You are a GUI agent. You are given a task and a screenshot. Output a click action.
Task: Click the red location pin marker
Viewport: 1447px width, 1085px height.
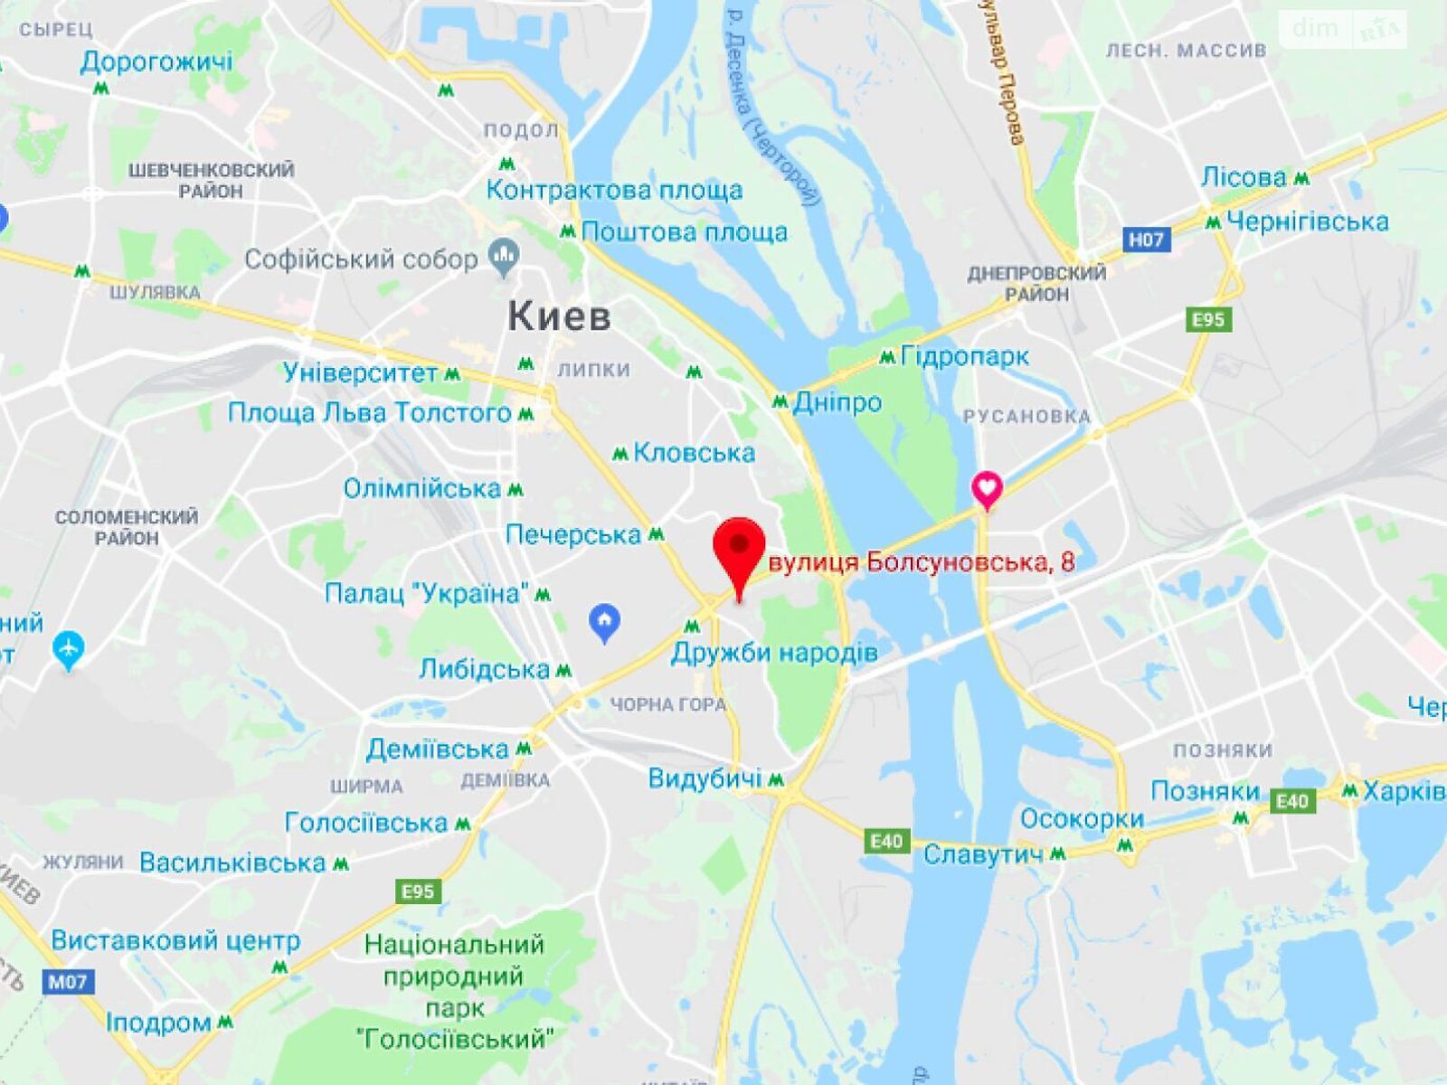739,548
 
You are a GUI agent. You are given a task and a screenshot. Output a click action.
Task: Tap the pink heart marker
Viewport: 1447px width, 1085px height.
987,488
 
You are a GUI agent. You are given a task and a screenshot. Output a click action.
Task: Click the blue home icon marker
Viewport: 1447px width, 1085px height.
604,622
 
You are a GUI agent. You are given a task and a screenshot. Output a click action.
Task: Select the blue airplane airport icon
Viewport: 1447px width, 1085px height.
69,649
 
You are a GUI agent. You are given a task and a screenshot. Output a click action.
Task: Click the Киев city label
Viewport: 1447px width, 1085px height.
559,316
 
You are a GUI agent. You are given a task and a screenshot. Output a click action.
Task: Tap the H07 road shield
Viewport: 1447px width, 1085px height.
1146,240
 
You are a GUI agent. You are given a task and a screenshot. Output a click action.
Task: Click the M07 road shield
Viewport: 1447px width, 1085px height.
68,981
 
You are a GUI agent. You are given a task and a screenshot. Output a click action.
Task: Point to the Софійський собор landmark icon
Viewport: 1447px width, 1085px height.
504,258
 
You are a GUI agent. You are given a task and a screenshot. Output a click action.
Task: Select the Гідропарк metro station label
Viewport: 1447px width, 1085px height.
964,356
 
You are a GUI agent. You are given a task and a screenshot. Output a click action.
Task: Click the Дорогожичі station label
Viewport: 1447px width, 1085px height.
156,61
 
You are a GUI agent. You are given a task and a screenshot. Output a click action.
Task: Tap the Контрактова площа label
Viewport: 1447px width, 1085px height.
614,190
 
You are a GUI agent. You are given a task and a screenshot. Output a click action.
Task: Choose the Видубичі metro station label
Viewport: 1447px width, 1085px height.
705,778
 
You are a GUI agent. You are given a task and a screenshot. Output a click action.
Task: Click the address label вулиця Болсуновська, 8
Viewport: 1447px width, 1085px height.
921,562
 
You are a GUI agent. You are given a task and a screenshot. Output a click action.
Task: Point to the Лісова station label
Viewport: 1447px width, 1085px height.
1244,177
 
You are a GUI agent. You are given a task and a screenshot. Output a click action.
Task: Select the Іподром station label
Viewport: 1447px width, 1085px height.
158,1023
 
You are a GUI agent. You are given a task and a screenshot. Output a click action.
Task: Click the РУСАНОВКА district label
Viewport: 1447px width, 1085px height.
1026,417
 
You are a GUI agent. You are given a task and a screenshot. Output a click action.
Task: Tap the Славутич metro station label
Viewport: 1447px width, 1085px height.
982,854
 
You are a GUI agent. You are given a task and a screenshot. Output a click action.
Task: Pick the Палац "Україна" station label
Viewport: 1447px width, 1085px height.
427,594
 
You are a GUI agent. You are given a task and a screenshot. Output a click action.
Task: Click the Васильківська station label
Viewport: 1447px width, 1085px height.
232,863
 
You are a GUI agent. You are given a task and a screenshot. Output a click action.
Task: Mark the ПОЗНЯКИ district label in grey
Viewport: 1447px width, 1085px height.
1222,750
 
